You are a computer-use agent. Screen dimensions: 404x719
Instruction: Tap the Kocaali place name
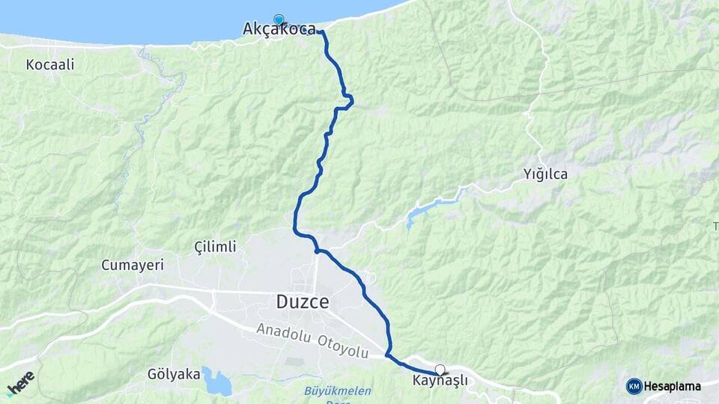50,65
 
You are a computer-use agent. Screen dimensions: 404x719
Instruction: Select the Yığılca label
545,175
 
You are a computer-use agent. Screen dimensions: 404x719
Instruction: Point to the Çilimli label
215,247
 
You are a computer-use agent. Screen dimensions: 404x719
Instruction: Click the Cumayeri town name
132,265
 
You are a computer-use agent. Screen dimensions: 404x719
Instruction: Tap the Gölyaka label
174,374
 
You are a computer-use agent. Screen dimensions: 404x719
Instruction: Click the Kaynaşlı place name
440,381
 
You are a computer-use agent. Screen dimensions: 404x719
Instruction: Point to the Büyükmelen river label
328,391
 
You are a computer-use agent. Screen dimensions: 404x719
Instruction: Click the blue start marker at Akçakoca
279,19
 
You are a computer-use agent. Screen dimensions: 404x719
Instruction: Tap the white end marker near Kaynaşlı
440,369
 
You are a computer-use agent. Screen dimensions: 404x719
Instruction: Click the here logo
20,383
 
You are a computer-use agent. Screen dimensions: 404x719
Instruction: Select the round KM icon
634,386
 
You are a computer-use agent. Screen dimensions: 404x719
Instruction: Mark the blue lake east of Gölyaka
217,382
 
